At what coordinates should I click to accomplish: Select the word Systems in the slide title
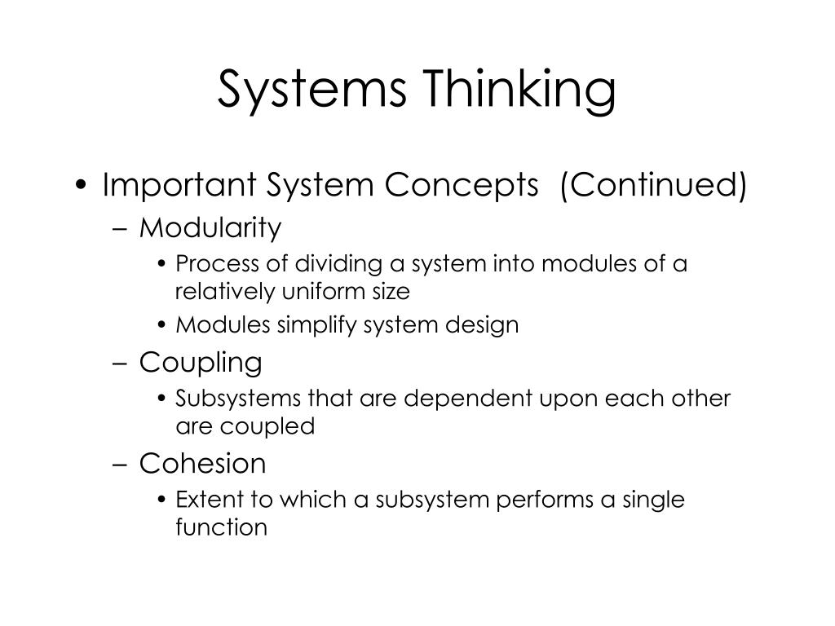(312, 90)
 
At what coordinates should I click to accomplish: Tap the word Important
(179, 185)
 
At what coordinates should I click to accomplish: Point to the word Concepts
(462, 186)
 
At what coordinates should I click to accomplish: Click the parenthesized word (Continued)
(654, 185)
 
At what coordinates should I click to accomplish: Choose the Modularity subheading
(210, 228)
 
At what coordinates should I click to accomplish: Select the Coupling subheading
(201, 363)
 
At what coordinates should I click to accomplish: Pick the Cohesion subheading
(203, 463)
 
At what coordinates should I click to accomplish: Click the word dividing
(338, 264)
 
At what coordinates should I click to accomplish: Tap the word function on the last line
(222, 527)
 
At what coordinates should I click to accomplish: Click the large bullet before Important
(81, 185)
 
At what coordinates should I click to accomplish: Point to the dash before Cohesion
(121, 464)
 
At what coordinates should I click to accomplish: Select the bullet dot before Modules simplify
(162, 325)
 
